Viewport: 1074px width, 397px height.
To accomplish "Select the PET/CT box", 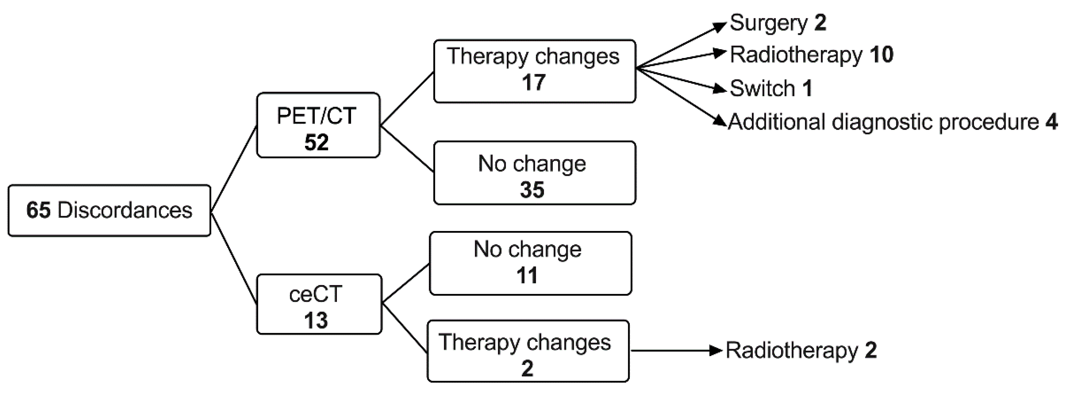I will point(318,125).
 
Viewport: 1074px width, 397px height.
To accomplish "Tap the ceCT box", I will point(319,304).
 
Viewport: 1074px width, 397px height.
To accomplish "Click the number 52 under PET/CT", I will point(317,142).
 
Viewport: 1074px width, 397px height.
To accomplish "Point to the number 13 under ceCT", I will point(316,320).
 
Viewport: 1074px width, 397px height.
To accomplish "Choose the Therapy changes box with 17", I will point(534,71).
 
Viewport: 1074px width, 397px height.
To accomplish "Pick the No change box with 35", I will point(534,173).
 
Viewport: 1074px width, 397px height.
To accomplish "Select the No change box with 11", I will point(530,263).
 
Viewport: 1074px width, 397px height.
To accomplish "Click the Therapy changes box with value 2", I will point(528,351).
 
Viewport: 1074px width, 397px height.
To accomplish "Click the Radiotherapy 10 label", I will point(811,55).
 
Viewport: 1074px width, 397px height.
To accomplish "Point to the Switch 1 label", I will point(771,88).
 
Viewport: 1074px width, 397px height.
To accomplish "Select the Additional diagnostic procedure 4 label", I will point(892,122).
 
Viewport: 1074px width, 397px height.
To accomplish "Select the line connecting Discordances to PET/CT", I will point(234,169).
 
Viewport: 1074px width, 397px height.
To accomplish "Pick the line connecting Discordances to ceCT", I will point(234,258).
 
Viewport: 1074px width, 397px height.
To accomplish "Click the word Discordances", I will point(125,210).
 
